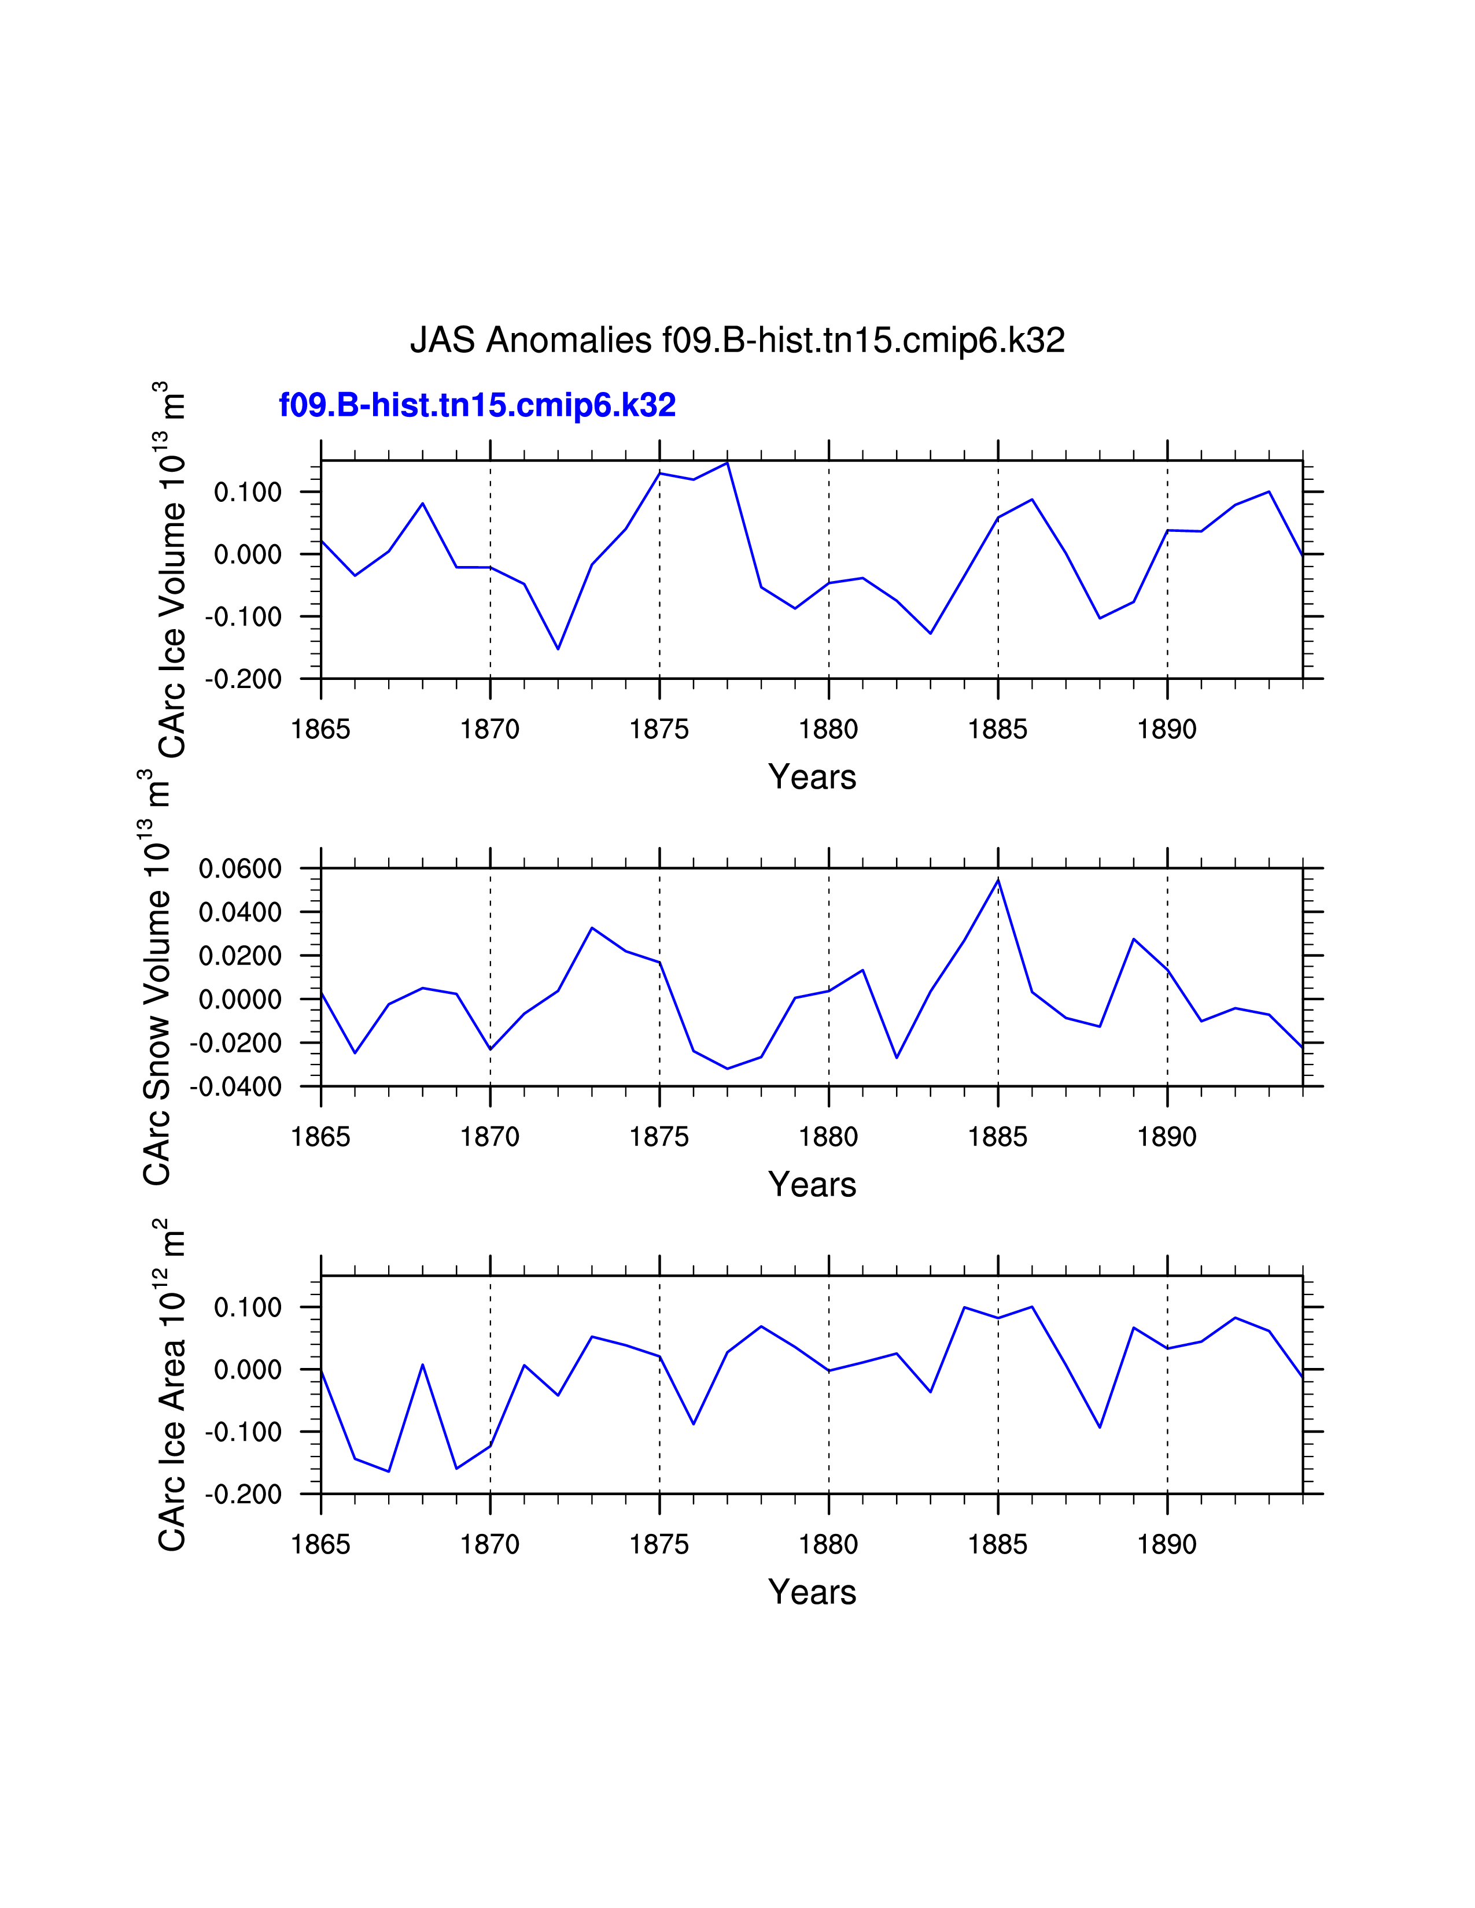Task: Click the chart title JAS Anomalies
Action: pos(736,340)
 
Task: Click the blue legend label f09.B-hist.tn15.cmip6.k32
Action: pos(477,405)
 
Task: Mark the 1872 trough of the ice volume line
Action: pos(558,648)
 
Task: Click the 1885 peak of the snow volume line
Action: pos(998,880)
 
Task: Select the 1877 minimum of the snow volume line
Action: pos(727,1068)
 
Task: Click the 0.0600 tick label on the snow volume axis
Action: pos(240,868)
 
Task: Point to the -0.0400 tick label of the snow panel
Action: pos(236,1087)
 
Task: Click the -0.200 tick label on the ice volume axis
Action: pos(244,679)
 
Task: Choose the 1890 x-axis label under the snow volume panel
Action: pos(1167,1137)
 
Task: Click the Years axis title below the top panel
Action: pos(812,776)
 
